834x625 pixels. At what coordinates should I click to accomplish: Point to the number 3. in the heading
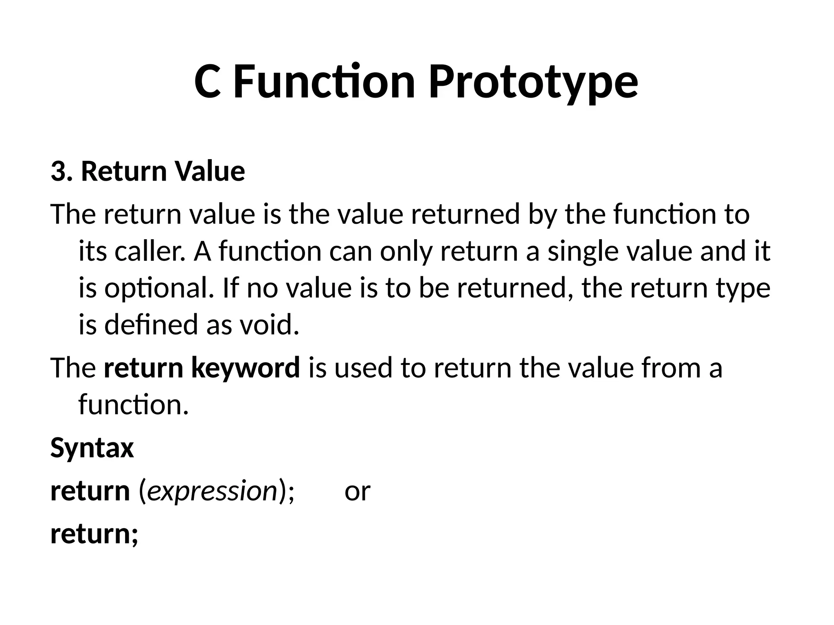61,171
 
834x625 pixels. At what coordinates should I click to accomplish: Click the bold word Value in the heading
210,171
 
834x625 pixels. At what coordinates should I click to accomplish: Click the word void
269,325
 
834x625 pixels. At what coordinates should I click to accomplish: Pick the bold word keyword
245,367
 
